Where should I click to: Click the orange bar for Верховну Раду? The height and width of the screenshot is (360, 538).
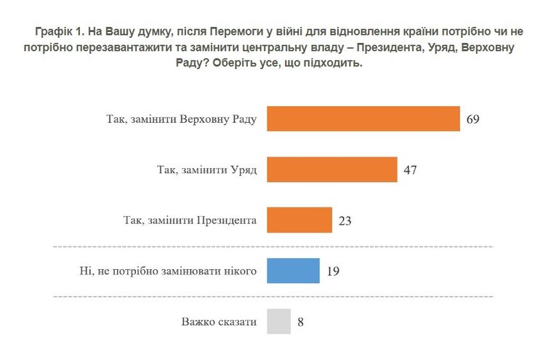[x=363, y=119]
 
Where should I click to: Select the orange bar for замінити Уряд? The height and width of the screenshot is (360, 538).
[x=332, y=169]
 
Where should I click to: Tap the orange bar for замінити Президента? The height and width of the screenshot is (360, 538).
[x=300, y=220]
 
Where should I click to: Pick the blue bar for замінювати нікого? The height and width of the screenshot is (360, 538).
[x=293, y=271]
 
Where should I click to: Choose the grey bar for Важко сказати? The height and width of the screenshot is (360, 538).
[x=279, y=321]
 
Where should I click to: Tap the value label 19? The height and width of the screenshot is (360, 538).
[x=334, y=271]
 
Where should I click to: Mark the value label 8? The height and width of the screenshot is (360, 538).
[x=300, y=321]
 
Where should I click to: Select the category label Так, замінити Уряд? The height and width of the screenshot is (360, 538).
[x=207, y=169]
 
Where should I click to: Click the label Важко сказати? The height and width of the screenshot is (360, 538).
[x=220, y=321]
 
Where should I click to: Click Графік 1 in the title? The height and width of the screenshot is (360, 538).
[x=57, y=33]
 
